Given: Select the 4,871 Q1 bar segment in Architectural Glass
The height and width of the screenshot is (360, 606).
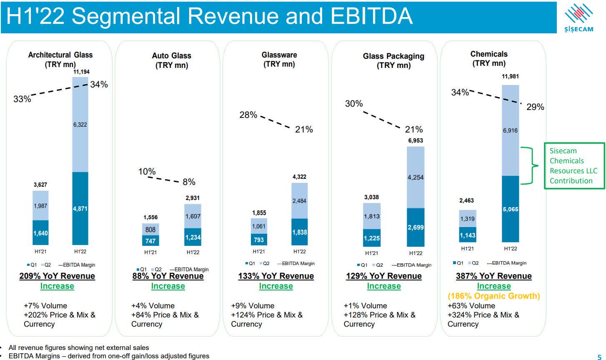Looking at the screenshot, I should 80,208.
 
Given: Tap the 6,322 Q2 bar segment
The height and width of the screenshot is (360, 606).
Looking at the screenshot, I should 80,125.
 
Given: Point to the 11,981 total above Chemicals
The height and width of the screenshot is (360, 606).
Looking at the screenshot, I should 510,77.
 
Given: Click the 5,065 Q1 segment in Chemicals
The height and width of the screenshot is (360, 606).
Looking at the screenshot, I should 510,209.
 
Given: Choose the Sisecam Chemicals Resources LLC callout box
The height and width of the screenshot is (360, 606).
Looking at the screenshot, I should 574,166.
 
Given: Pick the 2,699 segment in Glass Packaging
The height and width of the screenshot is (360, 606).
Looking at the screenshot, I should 416,227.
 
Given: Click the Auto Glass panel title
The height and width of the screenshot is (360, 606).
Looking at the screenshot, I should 171,60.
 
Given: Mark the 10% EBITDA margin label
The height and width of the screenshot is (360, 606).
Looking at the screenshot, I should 147,172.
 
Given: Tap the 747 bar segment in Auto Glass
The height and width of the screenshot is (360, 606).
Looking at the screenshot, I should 150,241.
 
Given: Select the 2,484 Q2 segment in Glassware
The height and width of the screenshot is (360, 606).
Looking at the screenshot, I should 299,201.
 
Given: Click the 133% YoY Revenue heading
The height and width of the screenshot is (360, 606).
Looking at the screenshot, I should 276,276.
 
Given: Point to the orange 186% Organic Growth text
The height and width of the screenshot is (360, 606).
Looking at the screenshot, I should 493,296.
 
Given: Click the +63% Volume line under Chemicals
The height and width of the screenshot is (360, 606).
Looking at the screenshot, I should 471,306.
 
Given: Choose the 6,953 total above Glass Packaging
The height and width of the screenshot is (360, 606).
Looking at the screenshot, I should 415,141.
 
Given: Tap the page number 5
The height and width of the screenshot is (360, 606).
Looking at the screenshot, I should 599,356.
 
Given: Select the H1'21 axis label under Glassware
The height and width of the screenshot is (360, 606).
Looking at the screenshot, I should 259,252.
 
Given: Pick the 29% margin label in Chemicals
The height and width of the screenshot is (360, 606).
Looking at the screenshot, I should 535,107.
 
